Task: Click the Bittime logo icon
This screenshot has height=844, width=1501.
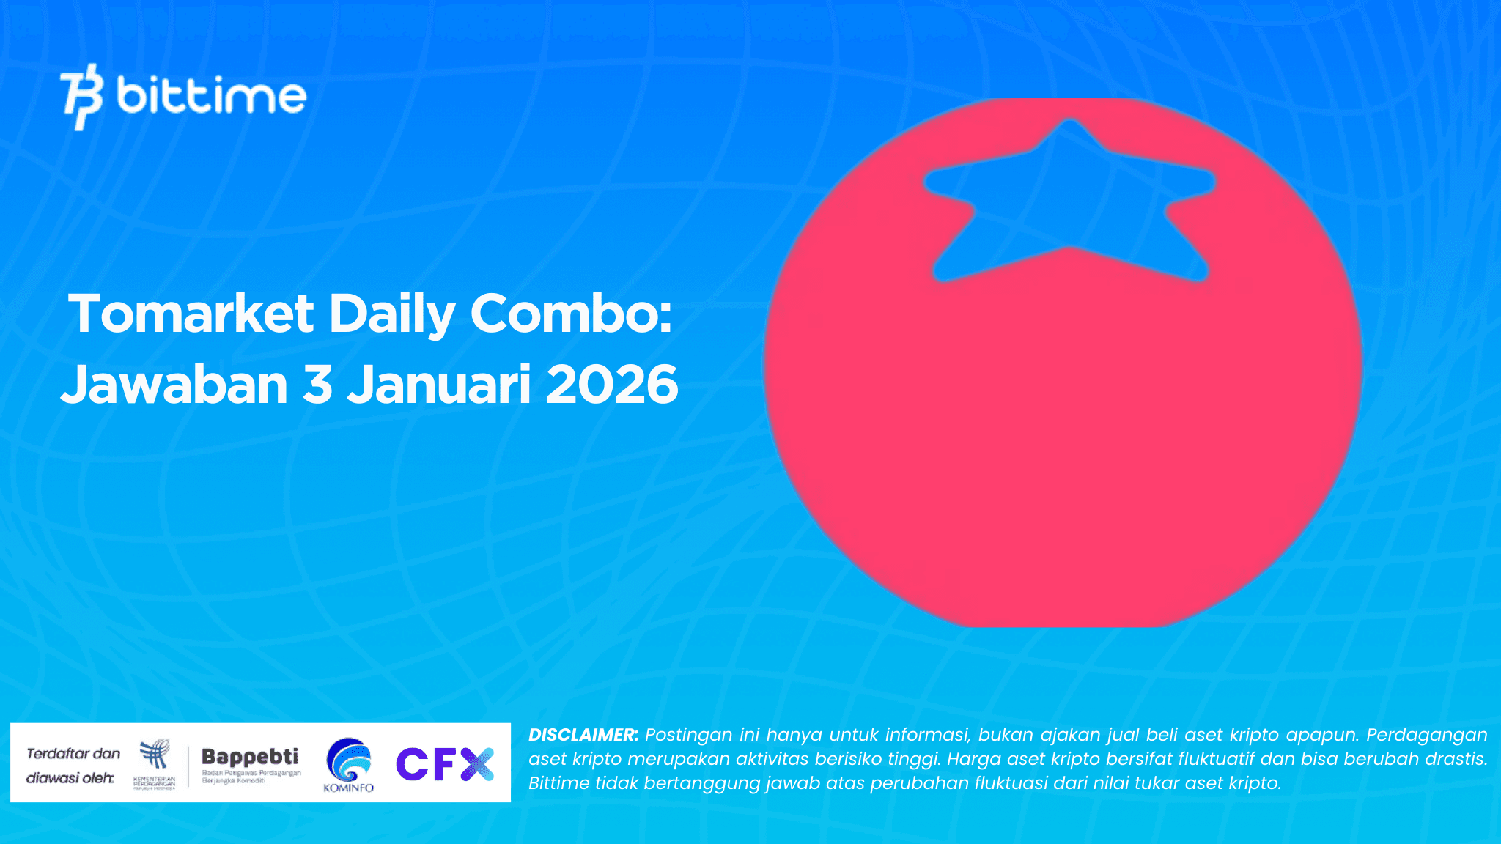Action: point(81,96)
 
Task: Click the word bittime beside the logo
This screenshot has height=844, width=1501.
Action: point(211,96)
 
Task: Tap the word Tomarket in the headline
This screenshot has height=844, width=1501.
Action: point(191,314)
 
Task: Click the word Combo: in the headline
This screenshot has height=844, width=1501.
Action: point(571,314)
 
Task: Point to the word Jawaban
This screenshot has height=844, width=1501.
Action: point(174,385)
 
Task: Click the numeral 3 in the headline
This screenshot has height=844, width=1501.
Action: point(317,385)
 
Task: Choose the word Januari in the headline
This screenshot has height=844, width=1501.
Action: point(438,385)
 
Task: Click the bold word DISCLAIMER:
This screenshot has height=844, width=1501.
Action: point(583,735)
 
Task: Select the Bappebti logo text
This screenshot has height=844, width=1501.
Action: point(250,756)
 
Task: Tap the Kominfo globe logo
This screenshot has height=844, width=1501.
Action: point(349,760)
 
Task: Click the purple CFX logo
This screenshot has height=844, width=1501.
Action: point(445,763)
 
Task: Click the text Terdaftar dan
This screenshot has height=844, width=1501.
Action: point(73,753)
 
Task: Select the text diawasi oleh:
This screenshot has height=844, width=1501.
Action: point(70,777)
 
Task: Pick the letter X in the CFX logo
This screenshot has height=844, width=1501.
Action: point(478,763)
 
